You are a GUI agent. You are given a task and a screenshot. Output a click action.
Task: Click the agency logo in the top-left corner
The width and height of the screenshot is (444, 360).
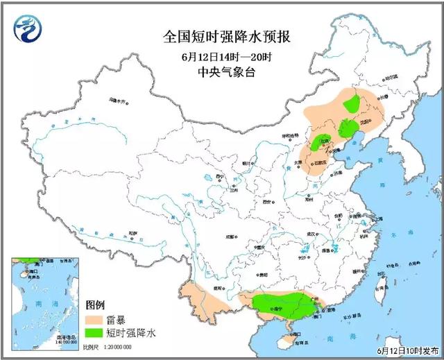27,28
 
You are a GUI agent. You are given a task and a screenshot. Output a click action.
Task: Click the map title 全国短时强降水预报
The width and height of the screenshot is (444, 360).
221,37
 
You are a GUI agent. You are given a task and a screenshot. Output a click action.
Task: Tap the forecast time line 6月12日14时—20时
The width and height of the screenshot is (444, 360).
221,56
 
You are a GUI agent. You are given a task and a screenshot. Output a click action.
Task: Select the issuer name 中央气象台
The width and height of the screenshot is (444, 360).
221,72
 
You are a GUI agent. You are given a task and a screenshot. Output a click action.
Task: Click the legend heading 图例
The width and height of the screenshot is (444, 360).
95,305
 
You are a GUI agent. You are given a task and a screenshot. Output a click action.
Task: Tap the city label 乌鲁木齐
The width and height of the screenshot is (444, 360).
117,101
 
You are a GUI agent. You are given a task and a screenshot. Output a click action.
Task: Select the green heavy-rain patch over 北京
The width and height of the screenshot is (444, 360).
322,144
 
